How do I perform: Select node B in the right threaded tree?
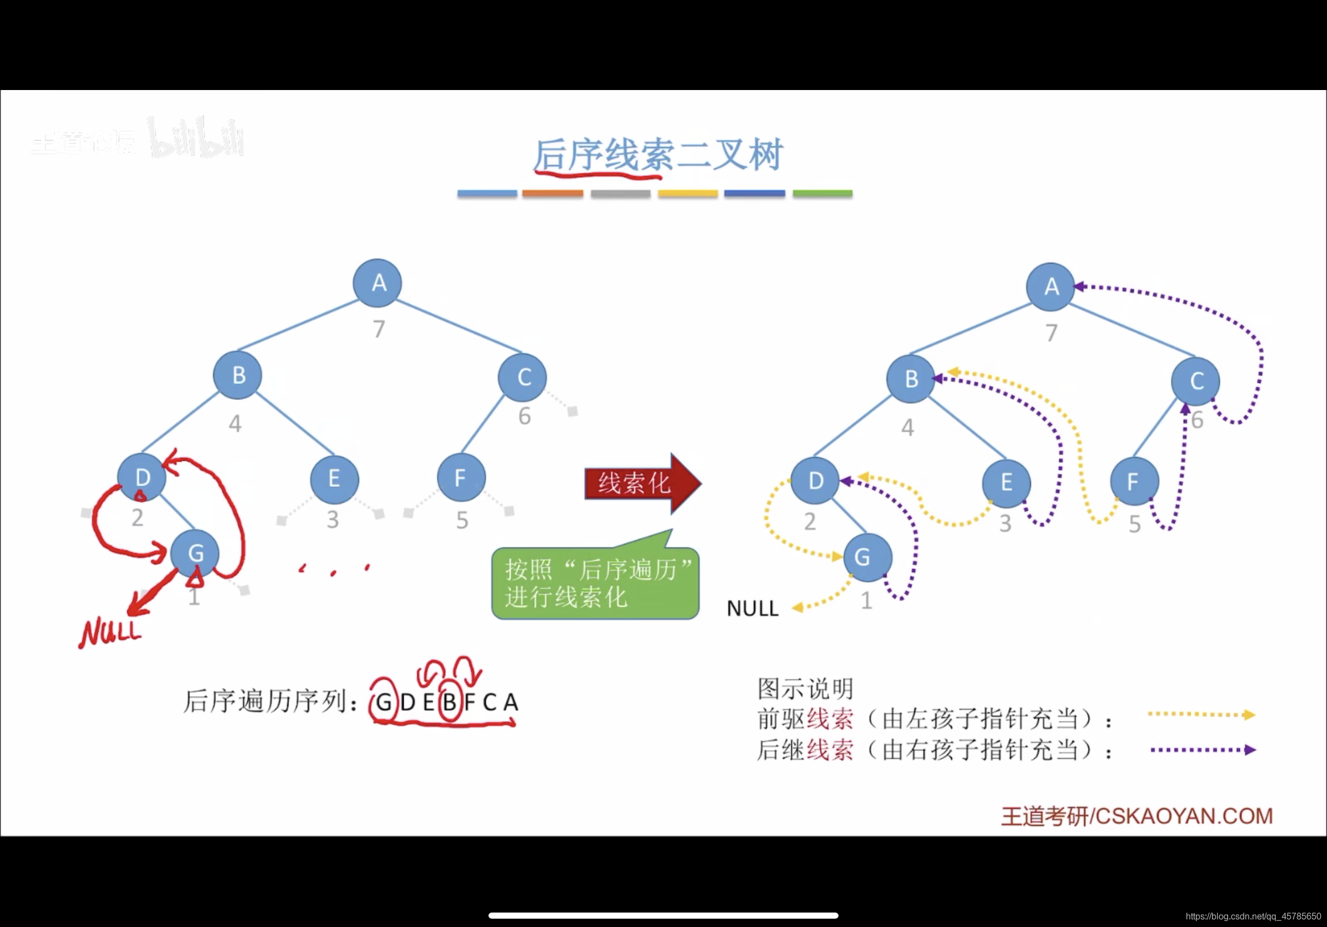[911, 379]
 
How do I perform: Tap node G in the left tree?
[196, 553]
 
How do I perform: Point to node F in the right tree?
[1134, 481]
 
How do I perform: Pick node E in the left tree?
[334, 479]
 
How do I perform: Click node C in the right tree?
[1195, 381]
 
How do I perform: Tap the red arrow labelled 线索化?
[641, 483]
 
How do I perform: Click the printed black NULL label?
[752, 609]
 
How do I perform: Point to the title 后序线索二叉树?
[658, 155]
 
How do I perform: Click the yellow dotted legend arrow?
[1201, 715]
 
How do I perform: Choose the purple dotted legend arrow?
[1203, 750]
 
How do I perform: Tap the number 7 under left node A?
[378, 329]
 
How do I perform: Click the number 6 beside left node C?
[524, 416]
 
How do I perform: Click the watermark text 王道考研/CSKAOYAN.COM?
[1136, 816]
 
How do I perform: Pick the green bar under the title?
[822, 193]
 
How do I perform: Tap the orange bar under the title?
[552, 193]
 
